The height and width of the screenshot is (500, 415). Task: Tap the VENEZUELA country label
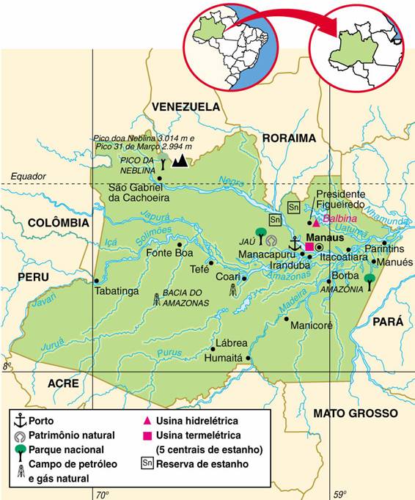click(185, 107)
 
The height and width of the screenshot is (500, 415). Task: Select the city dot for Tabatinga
click(96, 280)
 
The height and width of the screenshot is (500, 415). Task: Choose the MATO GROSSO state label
click(355, 413)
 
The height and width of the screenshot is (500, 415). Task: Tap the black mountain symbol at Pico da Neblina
click(178, 161)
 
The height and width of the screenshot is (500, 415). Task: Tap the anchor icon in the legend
click(20, 421)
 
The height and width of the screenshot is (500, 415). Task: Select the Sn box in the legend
click(147, 464)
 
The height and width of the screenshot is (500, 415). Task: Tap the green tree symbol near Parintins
click(369, 280)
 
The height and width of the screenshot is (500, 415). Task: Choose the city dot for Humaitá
click(249, 359)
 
